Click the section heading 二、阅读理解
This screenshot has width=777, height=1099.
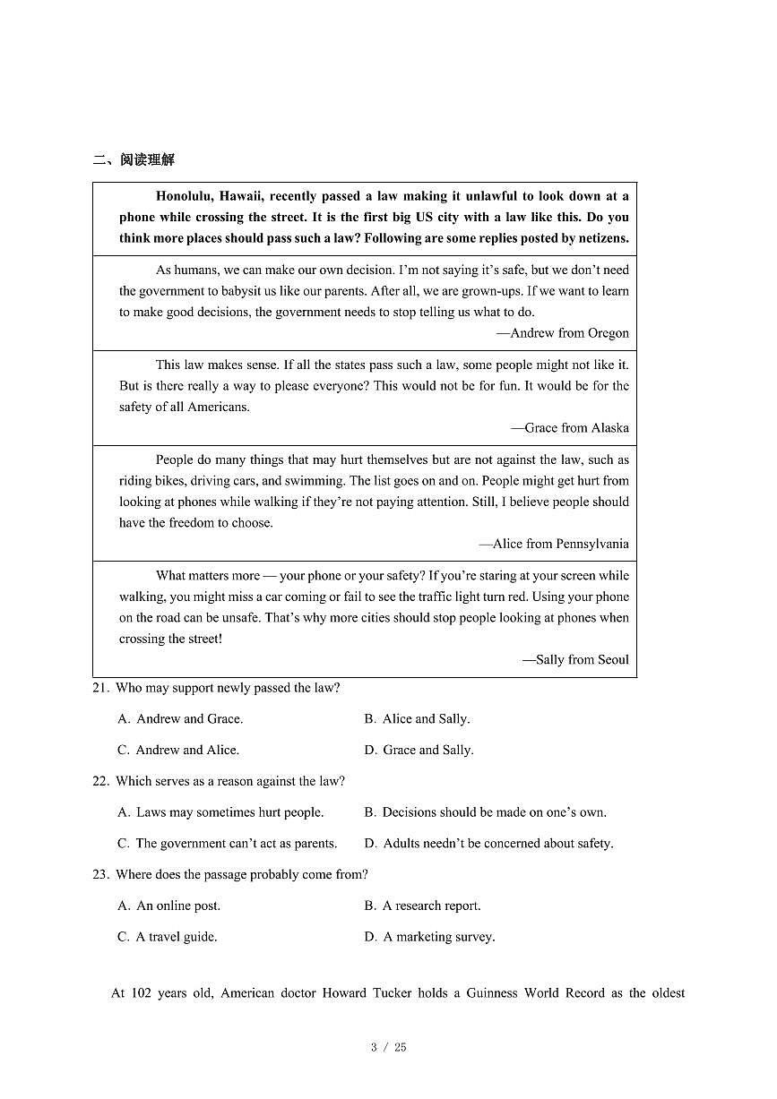pyautogui.click(x=134, y=160)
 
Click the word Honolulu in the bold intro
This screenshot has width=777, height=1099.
pyautogui.click(x=183, y=196)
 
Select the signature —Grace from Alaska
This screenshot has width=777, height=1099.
pyautogui.click(x=569, y=428)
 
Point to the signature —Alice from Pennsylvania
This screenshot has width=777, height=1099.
pyautogui.click(x=553, y=544)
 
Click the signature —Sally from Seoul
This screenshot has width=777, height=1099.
pyautogui.click(x=575, y=660)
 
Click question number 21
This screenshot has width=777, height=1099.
pyautogui.click(x=100, y=688)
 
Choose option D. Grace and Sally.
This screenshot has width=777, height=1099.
pyautogui.click(x=419, y=751)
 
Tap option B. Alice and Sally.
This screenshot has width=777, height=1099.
pyautogui.click(x=417, y=719)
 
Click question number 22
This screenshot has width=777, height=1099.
pyautogui.click(x=100, y=781)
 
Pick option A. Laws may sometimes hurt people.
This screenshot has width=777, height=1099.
pyautogui.click(x=220, y=812)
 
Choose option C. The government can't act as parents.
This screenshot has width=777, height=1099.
pyautogui.click(x=227, y=844)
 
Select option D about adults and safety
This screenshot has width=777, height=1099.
pyautogui.click(x=488, y=844)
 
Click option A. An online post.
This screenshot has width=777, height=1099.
pyautogui.click(x=168, y=906)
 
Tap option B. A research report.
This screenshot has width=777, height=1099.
pyautogui.click(x=422, y=906)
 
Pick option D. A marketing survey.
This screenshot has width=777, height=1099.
pyautogui.click(x=429, y=937)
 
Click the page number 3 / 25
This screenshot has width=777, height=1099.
pyautogui.click(x=388, y=1047)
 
